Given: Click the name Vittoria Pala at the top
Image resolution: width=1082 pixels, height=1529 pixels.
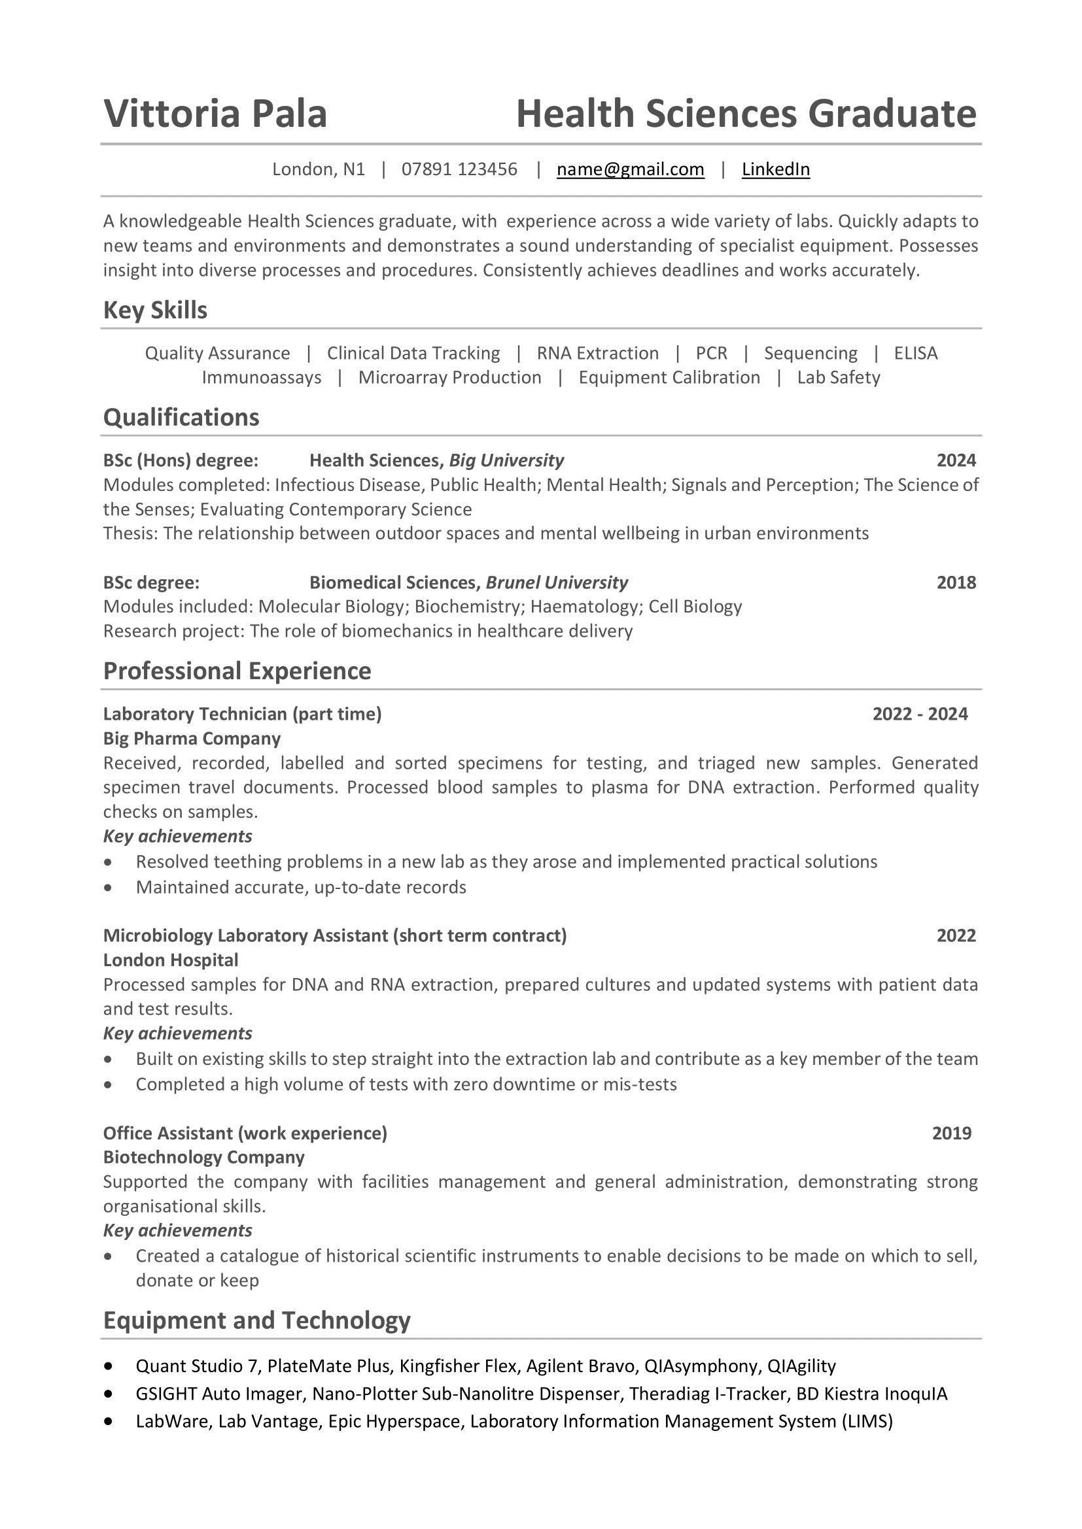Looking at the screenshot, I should (215, 113).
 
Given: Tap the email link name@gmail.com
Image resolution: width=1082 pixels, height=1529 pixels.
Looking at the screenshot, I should (630, 169).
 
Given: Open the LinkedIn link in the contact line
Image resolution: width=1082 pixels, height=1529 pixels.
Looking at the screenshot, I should (776, 169).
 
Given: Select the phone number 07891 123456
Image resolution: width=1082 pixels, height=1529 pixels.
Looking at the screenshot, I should (459, 169).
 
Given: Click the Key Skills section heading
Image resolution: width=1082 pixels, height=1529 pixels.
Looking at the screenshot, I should (155, 311).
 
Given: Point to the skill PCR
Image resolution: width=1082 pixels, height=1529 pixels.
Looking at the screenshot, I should (711, 353).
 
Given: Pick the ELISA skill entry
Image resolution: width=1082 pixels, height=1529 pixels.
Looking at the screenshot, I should (915, 353).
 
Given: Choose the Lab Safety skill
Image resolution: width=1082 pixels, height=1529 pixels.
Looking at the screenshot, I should (838, 378).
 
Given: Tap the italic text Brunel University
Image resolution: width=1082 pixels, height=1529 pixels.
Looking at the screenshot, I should (556, 582).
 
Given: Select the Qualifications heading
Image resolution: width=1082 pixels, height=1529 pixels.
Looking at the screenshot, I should (181, 418).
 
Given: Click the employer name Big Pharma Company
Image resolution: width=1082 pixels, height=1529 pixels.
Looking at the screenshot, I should (192, 739).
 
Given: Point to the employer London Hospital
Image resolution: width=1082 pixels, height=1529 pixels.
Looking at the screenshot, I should (171, 960).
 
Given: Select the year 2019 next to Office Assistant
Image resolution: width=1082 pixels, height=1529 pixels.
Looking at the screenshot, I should (951, 1134).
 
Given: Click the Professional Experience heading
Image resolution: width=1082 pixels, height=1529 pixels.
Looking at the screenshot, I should (237, 671).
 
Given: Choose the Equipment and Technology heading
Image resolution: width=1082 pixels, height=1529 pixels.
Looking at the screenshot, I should (256, 1320).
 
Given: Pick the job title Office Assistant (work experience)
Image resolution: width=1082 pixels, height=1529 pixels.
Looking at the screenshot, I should (245, 1134).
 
